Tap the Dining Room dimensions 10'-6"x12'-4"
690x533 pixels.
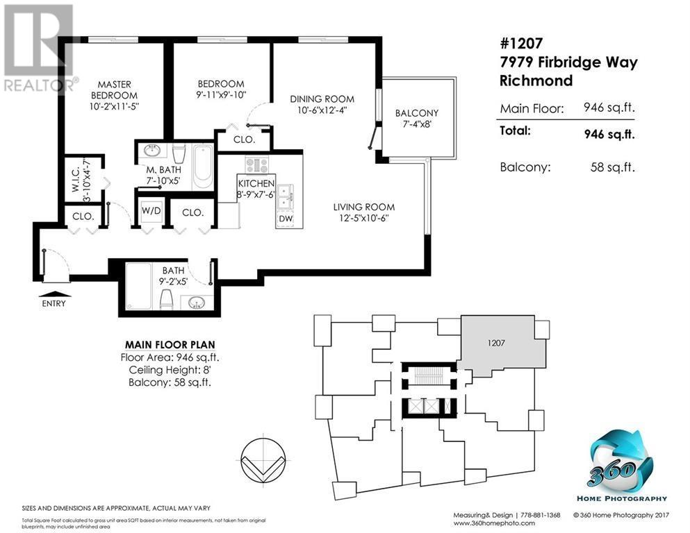(322, 110)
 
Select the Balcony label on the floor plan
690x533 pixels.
(417, 113)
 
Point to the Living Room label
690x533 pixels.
(363, 207)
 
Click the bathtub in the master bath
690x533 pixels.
(202, 166)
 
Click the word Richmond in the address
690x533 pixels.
(536, 81)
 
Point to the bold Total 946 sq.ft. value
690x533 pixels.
(609, 135)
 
